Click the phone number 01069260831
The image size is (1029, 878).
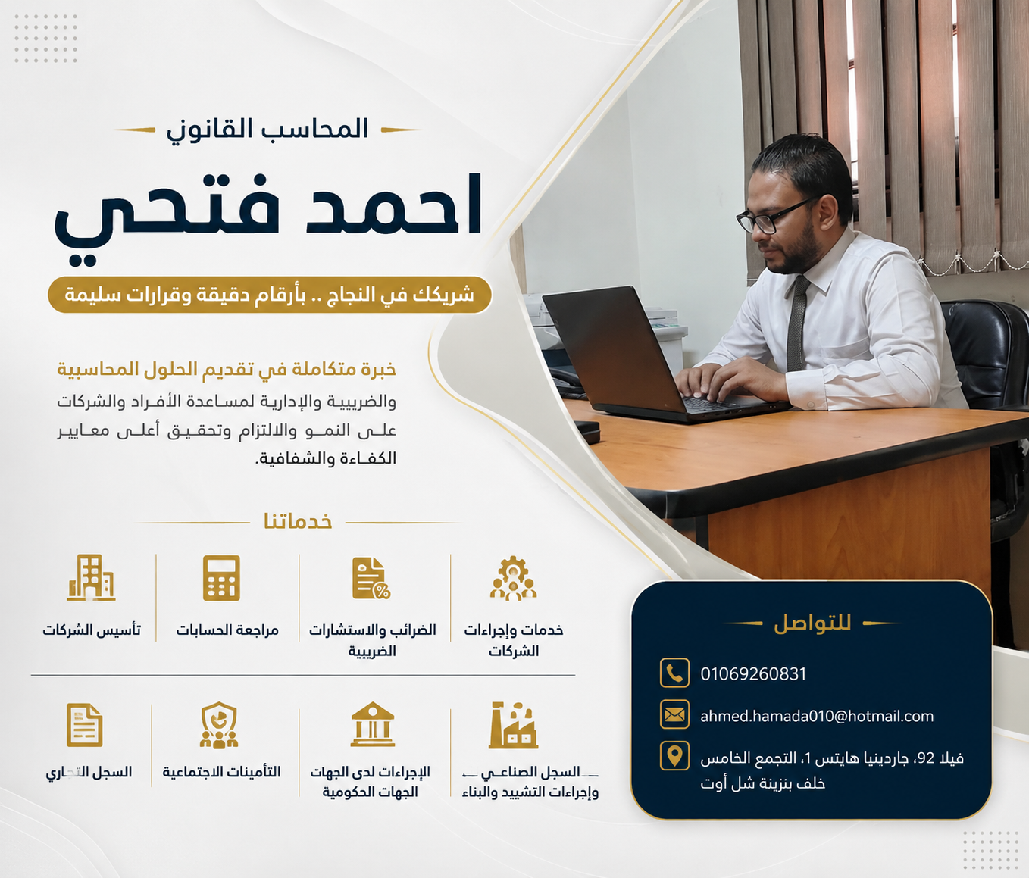coord(752,674)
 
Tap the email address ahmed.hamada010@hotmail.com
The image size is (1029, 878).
coord(817,716)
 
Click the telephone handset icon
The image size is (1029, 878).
coord(674,673)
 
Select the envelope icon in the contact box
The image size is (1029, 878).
coord(674,714)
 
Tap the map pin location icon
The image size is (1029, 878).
coord(674,756)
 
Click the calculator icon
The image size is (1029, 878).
coord(221,578)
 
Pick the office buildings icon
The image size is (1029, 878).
coord(91,577)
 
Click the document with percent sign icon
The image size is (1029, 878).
coord(371,578)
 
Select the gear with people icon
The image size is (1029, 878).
coord(513,578)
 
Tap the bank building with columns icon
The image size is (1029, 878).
coord(372,724)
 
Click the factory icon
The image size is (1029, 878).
coord(513,725)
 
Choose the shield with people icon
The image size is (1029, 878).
coord(219,725)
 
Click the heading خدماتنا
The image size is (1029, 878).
coord(298,522)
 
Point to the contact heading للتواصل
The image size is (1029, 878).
coord(812,623)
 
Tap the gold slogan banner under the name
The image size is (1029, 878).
coord(269,295)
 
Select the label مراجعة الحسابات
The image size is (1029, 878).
coord(227,630)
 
